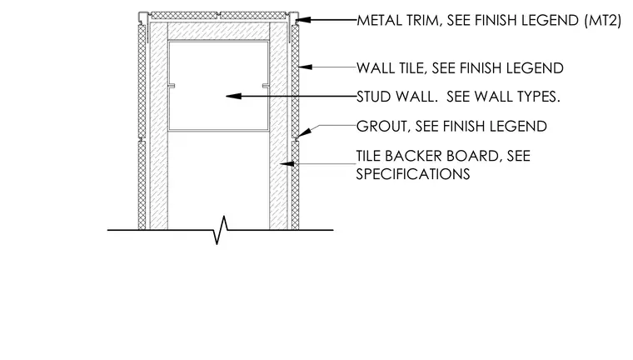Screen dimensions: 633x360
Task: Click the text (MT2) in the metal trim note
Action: tap(603, 20)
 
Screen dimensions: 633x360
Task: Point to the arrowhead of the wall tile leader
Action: tap(305, 67)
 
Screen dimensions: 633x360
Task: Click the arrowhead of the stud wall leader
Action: tap(234, 96)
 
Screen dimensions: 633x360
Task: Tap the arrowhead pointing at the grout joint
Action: tap(304, 132)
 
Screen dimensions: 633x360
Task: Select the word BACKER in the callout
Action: tap(412, 156)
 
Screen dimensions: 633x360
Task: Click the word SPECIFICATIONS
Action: tap(413, 174)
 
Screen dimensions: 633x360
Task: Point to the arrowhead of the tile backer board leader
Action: tap(287, 163)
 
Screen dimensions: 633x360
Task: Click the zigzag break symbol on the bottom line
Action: tap(221, 230)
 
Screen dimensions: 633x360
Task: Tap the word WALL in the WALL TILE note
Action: tap(376, 68)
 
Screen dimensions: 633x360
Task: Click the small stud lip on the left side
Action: tap(172, 86)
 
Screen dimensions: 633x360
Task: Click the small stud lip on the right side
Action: tap(266, 86)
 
